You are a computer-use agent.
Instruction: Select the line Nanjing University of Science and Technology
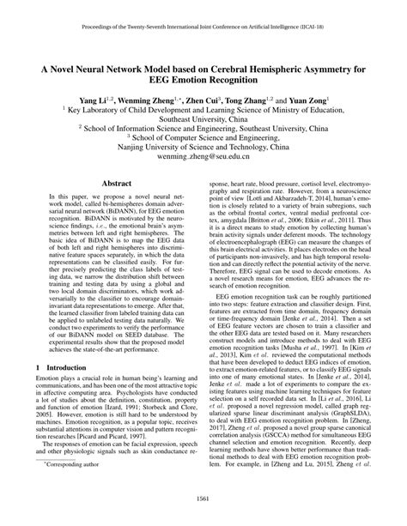(x=203, y=147)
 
